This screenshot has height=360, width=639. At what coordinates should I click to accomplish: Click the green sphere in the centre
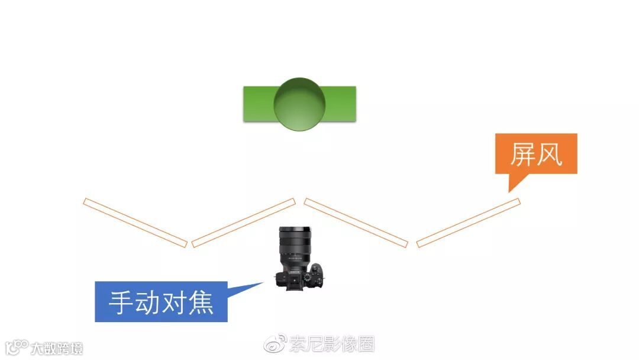point(299,104)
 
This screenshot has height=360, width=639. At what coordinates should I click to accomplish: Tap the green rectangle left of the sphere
point(258,104)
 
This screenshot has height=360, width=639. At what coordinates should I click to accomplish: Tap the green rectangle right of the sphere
point(341,104)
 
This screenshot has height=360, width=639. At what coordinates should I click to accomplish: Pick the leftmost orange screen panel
point(135,222)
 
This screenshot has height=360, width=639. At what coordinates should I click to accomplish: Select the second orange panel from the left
point(243,222)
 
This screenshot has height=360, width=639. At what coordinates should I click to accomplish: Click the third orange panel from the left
point(356,222)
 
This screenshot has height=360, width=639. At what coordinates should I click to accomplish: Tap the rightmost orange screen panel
point(468,222)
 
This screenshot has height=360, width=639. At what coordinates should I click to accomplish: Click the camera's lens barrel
point(294,243)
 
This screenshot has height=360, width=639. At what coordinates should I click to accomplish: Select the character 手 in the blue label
point(121,303)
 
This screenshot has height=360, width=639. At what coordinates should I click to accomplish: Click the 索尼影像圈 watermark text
point(332,343)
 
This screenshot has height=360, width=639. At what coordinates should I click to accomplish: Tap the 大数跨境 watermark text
point(57,348)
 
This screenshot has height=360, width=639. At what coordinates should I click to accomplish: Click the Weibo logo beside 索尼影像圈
point(275,343)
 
